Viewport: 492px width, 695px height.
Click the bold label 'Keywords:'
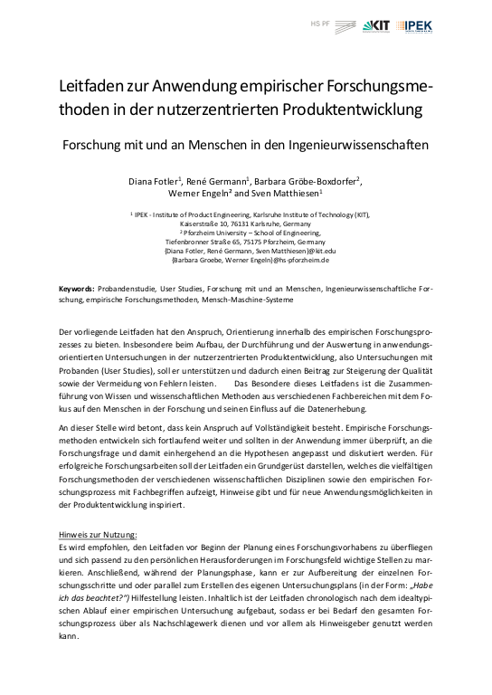pyautogui.click(x=76, y=287)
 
